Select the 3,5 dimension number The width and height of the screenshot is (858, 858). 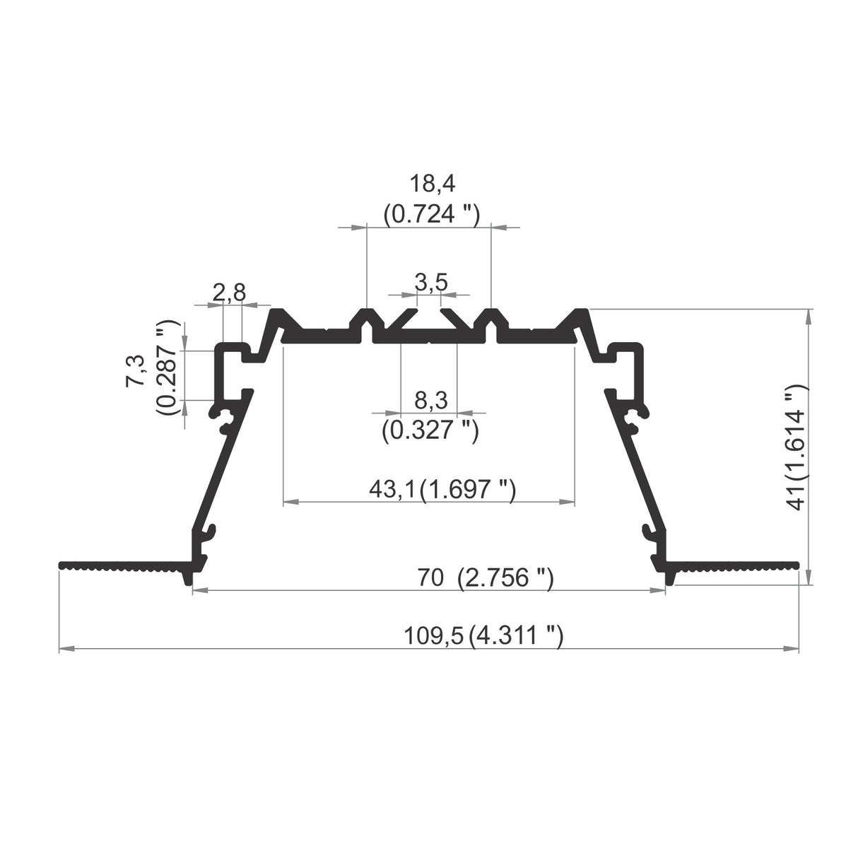430,283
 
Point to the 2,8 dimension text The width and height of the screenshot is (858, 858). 229,293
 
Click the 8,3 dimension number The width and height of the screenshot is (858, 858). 430,401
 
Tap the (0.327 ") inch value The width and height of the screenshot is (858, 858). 430,429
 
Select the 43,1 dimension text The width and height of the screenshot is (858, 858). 393,489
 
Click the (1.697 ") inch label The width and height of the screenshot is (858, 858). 467,489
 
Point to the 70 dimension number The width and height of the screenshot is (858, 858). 430,578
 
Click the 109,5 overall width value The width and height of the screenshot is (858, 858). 433,635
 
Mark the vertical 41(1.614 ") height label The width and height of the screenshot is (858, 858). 797,447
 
